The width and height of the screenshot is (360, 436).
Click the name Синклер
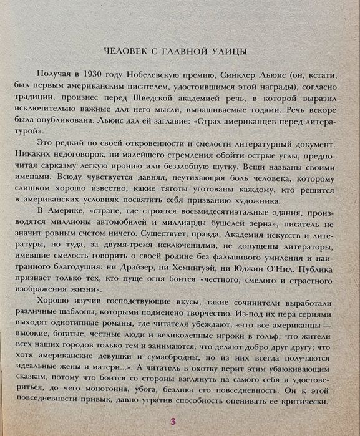pos(248,74)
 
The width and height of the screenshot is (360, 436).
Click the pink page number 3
pos(172,420)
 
